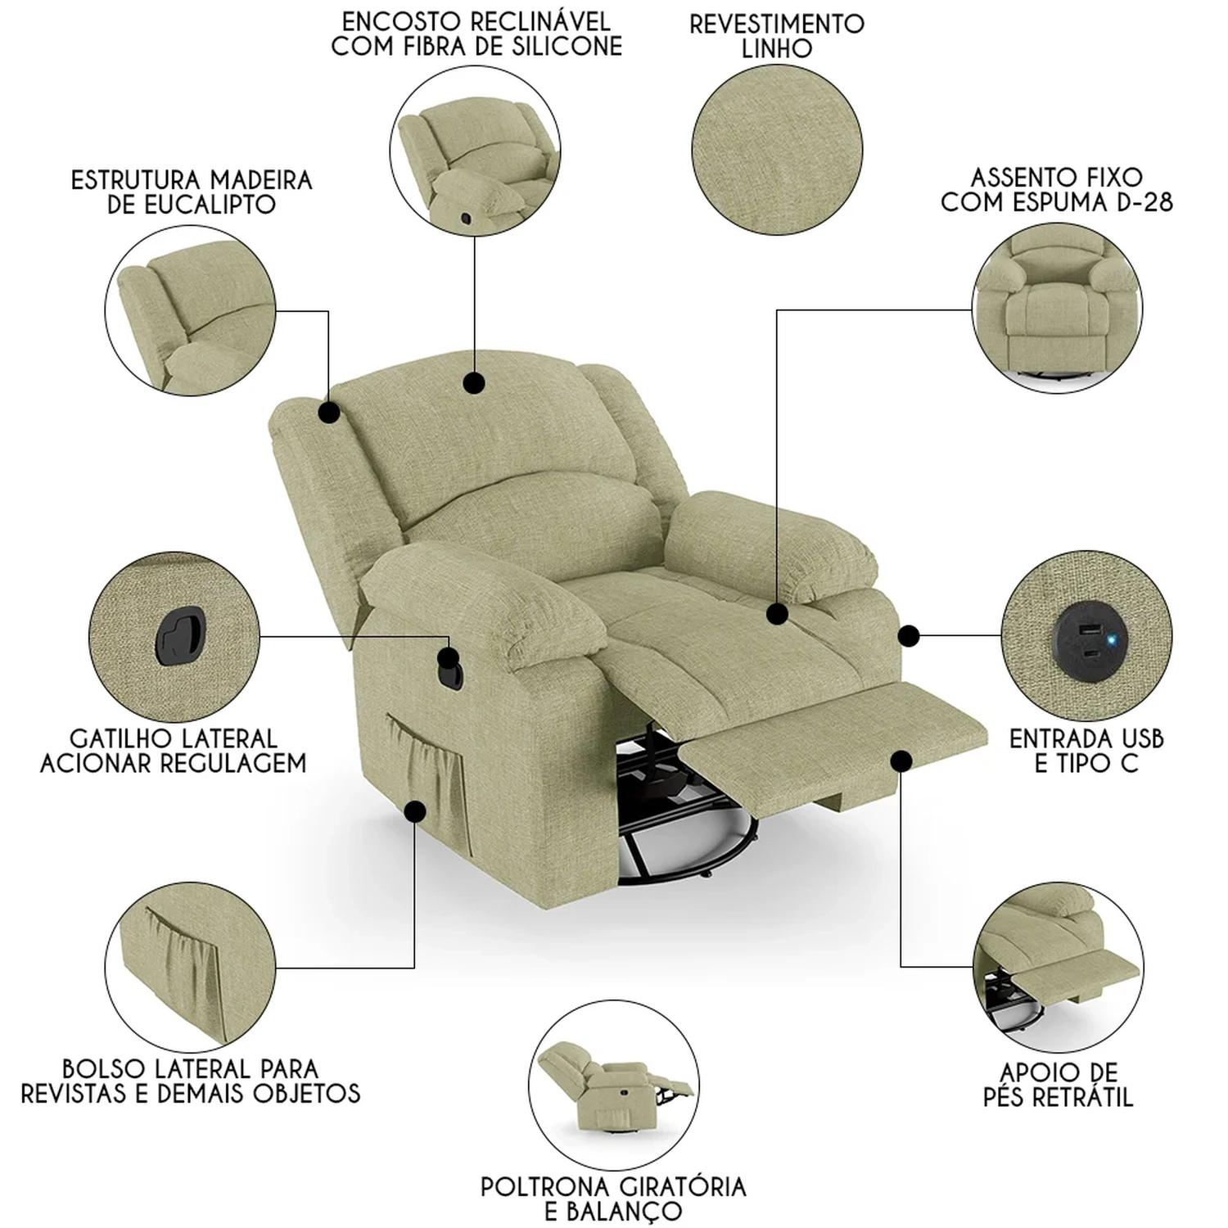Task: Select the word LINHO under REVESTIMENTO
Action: click(777, 48)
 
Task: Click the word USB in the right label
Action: click(1137, 738)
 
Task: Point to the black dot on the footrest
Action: click(901, 761)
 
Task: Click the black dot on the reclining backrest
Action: click(473, 382)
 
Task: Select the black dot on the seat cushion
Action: click(778, 612)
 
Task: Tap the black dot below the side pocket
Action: click(415, 810)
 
